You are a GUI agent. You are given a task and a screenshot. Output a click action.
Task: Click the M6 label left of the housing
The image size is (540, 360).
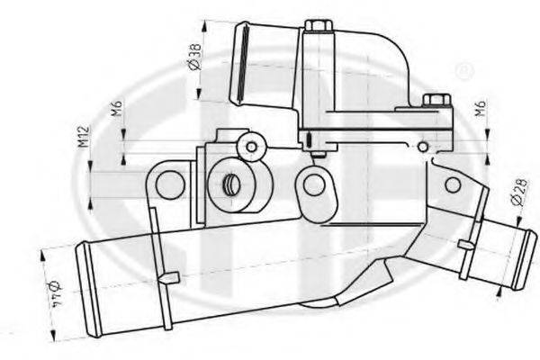click(116, 110)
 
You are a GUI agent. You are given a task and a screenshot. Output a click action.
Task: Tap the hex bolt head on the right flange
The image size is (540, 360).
click(431, 101)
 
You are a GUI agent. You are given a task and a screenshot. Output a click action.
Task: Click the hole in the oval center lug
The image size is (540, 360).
click(314, 185)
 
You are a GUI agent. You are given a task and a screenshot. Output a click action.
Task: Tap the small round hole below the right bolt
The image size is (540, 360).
click(423, 147)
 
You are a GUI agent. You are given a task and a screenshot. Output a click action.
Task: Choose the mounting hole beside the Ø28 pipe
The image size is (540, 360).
click(453, 185)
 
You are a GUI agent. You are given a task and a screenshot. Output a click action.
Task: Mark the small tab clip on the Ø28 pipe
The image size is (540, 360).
click(465, 245)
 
